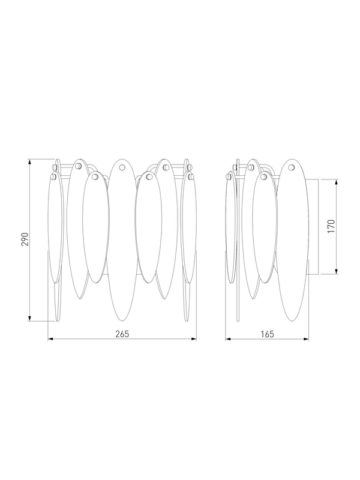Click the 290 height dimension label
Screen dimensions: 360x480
click(x=25, y=239)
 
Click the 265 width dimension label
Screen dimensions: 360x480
click(x=122, y=334)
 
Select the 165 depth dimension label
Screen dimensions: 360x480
click(x=267, y=334)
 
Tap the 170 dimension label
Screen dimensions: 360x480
click(x=332, y=226)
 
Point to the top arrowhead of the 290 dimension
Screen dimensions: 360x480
click(x=29, y=161)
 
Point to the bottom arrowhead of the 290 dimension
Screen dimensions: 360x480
click(x=29, y=319)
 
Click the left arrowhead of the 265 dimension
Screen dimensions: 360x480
click(x=50, y=339)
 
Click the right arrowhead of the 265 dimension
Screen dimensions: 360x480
click(x=194, y=339)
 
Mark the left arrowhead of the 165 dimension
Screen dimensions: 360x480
click(x=228, y=339)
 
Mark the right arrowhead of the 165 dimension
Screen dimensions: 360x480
click(x=306, y=339)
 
